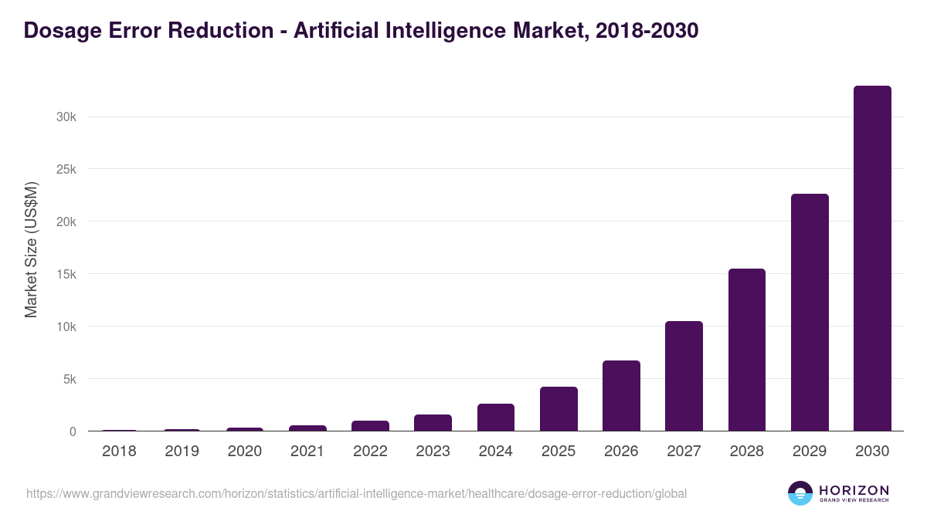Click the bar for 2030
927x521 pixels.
coord(872,259)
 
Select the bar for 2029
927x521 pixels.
coord(810,313)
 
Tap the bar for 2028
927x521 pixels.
coord(746,350)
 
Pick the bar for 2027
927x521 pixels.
coord(684,376)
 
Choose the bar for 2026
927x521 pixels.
coord(621,396)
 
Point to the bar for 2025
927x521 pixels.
coord(559,409)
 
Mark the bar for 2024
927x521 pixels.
coord(495,418)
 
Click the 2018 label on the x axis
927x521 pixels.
coord(119,452)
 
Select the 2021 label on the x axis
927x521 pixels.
coord(307,452)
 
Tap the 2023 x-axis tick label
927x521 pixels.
coord(433,452)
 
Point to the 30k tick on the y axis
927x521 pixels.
coord(66,117)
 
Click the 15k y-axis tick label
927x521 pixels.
coord(66,274)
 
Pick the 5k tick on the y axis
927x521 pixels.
coord(69,379)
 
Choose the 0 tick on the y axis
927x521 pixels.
coord(73,431)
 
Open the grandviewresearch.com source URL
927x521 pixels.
coord(356,493)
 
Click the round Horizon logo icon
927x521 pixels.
coord(800,493)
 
